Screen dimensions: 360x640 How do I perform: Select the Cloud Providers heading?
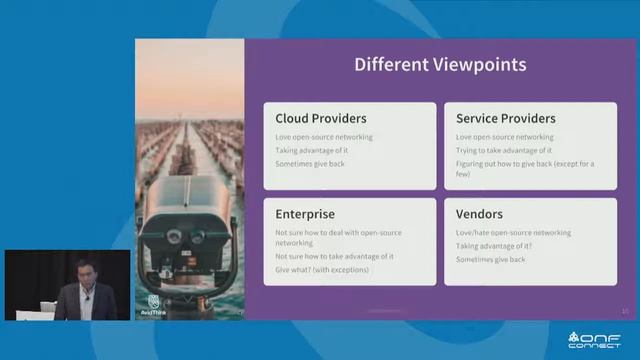320,118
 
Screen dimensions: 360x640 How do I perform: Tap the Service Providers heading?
505,118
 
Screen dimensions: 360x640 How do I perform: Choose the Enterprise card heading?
305,214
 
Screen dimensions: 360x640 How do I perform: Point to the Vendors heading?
479,214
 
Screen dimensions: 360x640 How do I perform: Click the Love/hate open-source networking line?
513,233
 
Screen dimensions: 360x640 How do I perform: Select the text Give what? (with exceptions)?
322,270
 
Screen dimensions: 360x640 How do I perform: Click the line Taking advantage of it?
494,246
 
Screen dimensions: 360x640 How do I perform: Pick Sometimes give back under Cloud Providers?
310,163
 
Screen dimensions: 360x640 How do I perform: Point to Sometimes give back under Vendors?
490,259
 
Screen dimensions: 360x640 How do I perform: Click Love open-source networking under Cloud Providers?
324,137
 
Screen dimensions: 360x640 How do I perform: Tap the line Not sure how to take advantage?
334,256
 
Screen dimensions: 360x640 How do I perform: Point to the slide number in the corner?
624,311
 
